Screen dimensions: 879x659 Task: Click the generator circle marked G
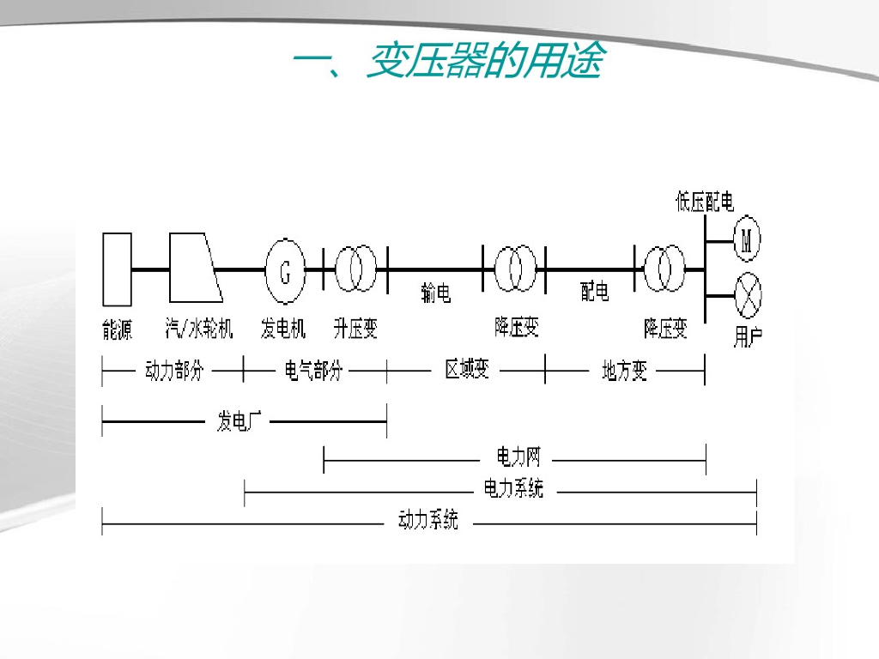tap(286, 271)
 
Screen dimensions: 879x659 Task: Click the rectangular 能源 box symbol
tap(117, 269)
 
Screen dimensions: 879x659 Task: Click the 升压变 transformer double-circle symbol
tap(355, 268)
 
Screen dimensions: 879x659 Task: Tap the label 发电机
tap(283, 328)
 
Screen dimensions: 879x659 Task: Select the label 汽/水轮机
tap(199, 328)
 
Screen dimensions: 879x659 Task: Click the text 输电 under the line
tap(436, 293)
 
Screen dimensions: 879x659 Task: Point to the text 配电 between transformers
tap(594, 293)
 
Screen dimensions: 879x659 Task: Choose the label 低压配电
tap(705, 203)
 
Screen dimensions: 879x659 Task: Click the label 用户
tap(748, 336)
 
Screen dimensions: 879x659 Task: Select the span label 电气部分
tap(313, 372)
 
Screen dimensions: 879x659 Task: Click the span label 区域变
tap(467, 371)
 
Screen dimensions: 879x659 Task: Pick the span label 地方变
tap(624, 372)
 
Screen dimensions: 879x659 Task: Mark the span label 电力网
tap(519, 456)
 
